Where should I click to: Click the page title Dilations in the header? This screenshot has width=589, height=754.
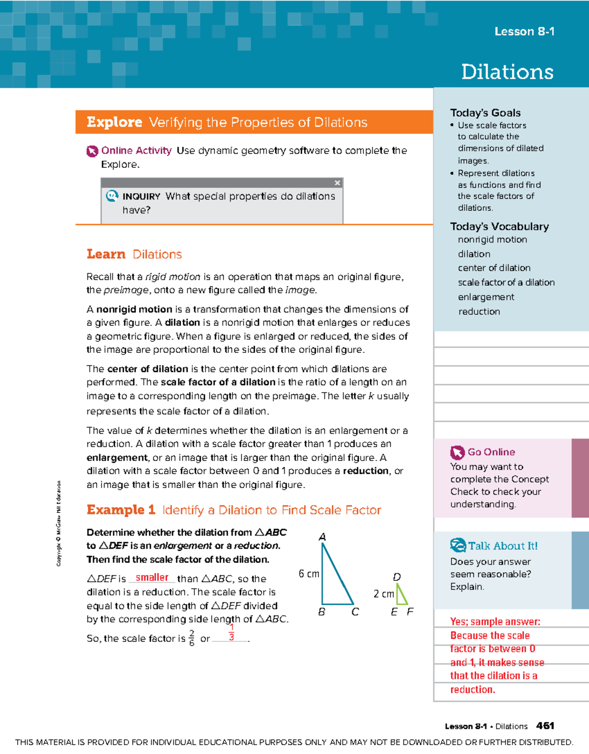[507, 72]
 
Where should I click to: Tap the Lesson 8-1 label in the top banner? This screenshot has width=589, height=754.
[524, 31]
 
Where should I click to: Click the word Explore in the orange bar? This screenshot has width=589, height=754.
[114, 122]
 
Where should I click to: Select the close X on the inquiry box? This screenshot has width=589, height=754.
[337, 183]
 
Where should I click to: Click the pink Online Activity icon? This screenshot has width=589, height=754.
[92, 151]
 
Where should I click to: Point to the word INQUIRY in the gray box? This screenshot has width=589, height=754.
[141, 196]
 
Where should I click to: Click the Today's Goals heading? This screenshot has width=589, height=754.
[485, 112]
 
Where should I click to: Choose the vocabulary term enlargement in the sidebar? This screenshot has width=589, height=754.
[486, 297]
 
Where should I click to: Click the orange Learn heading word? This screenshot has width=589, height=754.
[106, 254]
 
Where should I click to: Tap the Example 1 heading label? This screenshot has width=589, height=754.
[121, 510]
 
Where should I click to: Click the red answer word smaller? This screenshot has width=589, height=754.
[152, 578]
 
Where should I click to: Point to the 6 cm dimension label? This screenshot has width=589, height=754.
[309, 574]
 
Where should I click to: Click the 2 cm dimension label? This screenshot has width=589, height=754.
[383, 594]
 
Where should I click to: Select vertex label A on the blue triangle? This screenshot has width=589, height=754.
[322, 537]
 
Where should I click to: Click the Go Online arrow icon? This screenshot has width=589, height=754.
[457, 452]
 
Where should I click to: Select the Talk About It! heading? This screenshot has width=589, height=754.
[503, 546]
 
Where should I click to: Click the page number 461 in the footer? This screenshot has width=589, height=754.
[545, 726]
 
